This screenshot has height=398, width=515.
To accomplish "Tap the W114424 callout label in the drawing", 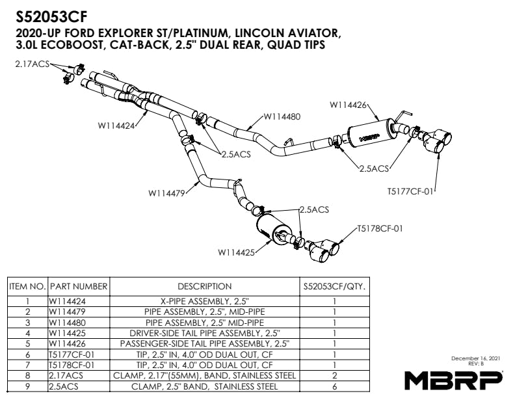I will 117,126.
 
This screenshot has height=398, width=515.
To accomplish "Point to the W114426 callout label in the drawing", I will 349,104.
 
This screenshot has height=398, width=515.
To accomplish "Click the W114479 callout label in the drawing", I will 167,192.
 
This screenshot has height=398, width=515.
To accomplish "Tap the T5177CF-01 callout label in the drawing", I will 411,192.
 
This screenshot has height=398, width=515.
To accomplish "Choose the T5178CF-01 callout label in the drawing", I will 380,228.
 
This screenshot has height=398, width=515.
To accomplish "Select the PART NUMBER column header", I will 79,286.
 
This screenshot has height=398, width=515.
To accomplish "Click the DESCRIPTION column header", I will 204,286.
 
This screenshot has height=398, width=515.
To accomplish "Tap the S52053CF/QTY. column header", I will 334,286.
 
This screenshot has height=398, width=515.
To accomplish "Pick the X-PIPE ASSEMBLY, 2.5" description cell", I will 204,302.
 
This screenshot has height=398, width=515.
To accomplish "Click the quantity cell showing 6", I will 334,386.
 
